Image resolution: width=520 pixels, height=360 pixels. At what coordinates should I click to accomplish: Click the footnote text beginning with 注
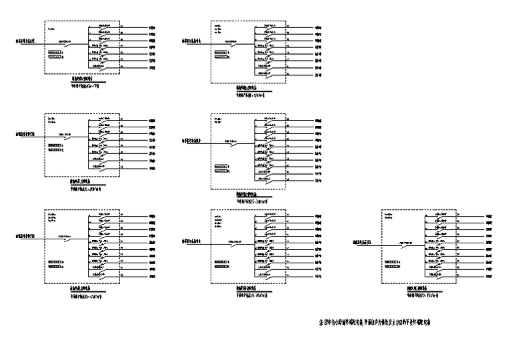(x=385, y=323)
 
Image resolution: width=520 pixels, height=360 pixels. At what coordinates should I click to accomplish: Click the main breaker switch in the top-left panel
(x=68, y=45)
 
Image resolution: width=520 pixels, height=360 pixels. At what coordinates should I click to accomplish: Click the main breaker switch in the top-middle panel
(x=234, y=45)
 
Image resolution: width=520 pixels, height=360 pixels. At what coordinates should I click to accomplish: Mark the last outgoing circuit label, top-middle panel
(x=319, y=75)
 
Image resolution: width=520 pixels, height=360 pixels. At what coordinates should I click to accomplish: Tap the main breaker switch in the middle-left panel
(x=68, y=137)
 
